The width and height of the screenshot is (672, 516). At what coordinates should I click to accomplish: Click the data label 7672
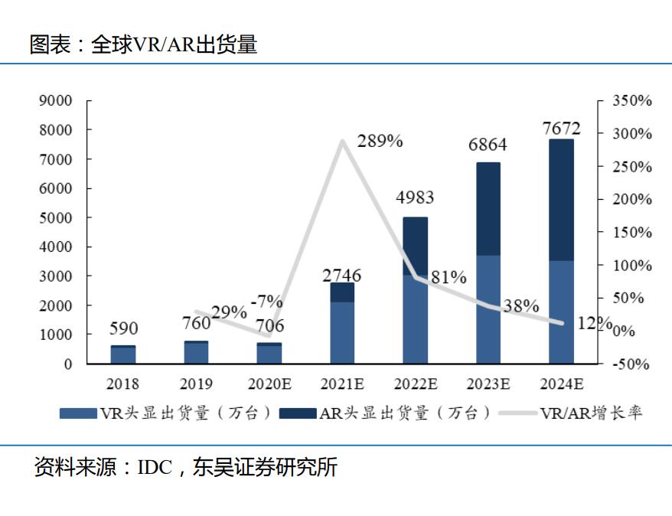click(561, 128)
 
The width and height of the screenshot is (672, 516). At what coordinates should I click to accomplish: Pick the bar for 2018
click(123, 355)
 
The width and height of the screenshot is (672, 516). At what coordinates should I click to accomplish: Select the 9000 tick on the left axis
click(55, 101)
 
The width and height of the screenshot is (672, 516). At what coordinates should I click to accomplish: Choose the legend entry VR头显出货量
click(166, 413)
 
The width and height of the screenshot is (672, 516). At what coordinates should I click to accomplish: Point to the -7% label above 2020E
click(269, 302)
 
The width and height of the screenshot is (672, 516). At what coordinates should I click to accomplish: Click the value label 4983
click(415, 198)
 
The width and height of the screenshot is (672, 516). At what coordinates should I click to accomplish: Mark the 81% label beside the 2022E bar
click(449, 278)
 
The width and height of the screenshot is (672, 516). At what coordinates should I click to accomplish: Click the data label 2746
click(342, 275)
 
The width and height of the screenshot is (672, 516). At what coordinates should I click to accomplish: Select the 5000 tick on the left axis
click(55, 218)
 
